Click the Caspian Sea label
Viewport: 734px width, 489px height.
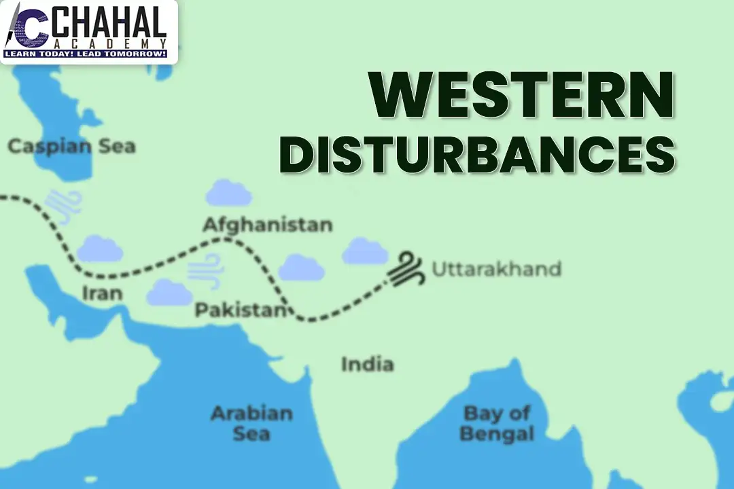click(71, 146)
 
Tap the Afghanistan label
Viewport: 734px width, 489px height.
click(268, 224)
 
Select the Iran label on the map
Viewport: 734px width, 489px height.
click(102, 293)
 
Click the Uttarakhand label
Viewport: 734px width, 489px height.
click(497, 269)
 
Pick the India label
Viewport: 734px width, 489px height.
click(367, 364)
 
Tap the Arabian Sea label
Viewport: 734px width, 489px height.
click(251, 422)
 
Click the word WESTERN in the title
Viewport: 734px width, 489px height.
click(522, 97)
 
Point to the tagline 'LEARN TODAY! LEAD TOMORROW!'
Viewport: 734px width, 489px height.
click(86, 53)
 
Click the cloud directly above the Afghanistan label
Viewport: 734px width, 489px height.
click(229, 194)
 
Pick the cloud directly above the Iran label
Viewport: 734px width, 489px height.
click(100, 250)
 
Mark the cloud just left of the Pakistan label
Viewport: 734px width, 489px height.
click(169, 292)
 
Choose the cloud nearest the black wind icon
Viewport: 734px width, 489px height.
click(365, 252)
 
